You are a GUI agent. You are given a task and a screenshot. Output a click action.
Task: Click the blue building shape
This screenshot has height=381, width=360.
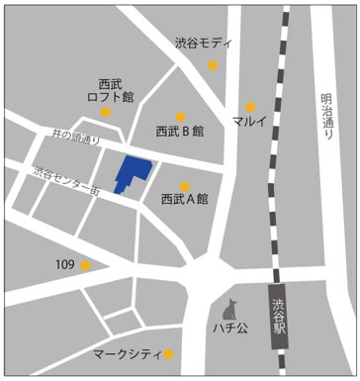[x=130, y=172]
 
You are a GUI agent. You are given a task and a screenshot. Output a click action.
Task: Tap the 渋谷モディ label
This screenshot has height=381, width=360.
[x=204, y=44]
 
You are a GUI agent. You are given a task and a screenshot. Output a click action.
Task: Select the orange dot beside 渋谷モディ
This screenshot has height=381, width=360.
[x=213, y=65]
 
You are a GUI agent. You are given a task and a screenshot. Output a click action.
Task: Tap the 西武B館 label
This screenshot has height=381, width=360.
[x=179, y=131]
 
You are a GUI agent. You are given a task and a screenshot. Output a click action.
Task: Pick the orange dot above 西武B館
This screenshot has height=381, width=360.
[x=180, y=115]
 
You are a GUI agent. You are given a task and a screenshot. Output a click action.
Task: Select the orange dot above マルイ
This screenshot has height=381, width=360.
[x=250, y=106]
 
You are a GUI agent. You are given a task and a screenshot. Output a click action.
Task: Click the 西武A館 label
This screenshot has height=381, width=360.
[x=184, y=199]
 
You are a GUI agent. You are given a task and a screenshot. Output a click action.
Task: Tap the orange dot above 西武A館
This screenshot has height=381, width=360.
[x=185, y=184]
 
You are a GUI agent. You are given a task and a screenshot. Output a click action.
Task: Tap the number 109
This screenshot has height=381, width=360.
[x=65, y=264]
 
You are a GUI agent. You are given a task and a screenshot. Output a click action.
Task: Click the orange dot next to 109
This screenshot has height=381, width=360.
[x=86, y=264]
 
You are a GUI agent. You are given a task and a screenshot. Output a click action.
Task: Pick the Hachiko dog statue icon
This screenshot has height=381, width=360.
[x=232, y=307]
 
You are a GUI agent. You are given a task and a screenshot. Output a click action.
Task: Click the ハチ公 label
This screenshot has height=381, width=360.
[x=229, y=328]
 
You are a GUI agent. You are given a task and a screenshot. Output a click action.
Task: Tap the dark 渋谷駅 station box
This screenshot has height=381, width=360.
[x=282, y=316]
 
